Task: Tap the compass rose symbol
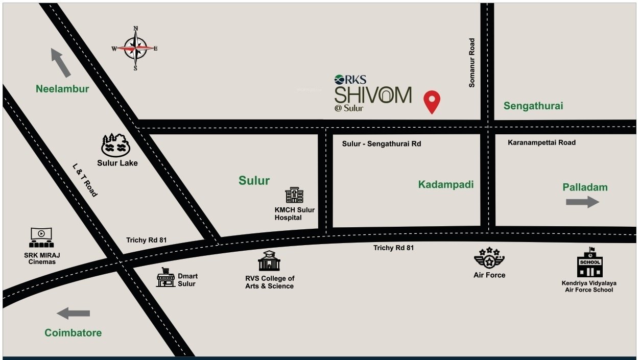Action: click(x=135, y=49)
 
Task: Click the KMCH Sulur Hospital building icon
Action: click(x=294, y=195)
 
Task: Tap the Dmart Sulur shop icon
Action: click(x=165, y=277)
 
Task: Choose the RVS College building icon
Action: click(x=269, y=261)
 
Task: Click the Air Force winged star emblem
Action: click(x=489, y=258)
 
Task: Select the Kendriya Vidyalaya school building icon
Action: click(x=590, y=263)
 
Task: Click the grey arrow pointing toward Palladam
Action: click(x=582, y=202)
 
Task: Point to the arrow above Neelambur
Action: click(x=61, y=62)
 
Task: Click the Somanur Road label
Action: click(x=472, y=63)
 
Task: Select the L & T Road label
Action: click(x=85, y=180)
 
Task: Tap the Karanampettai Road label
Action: click(x=541, y=142)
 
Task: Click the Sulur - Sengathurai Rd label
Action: click(x=382, y=144)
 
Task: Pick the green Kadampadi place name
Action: click(x=446, y=184)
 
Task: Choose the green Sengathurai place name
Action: click(x=533, y=106)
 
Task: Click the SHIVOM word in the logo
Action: click(x=373, y=95)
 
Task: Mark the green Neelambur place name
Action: click(x=62, y=89)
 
